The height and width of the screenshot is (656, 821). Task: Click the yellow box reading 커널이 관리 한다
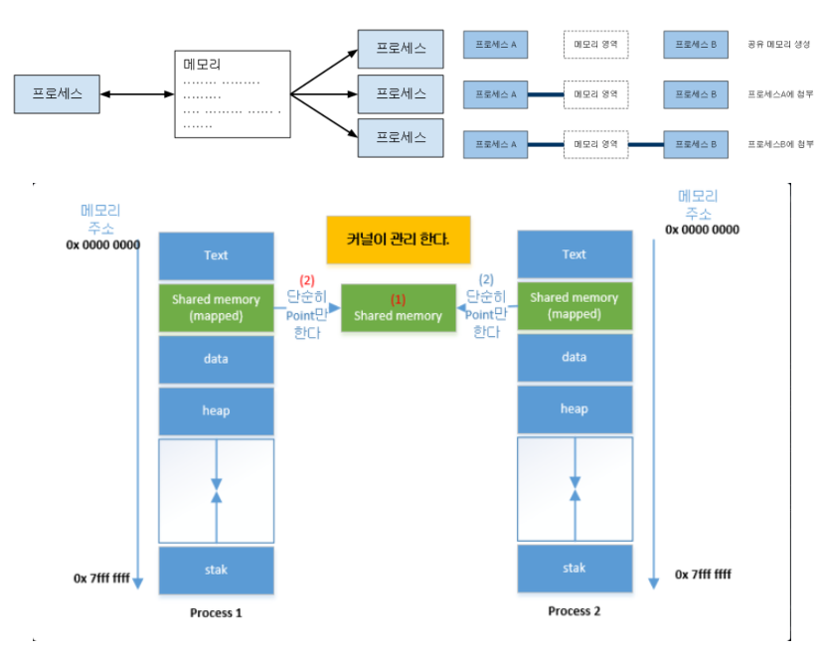point(398,241)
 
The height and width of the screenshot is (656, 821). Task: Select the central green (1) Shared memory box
point(398,307)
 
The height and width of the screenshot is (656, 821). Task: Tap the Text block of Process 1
point(216,255)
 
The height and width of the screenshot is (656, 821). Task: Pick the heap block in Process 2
point(575,409)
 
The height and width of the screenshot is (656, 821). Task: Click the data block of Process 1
point(216,358)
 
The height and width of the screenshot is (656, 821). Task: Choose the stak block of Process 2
point(575,569)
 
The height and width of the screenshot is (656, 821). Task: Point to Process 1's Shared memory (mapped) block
point(216,307)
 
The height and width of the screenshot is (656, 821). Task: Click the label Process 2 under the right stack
point(575,611)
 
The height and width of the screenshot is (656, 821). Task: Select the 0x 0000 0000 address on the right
point(702,230)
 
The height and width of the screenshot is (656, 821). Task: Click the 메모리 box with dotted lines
point(233,94)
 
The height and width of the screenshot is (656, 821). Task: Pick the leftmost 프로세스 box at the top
point(58,94)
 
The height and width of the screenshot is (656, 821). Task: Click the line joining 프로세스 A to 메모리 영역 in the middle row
point(546,94)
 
